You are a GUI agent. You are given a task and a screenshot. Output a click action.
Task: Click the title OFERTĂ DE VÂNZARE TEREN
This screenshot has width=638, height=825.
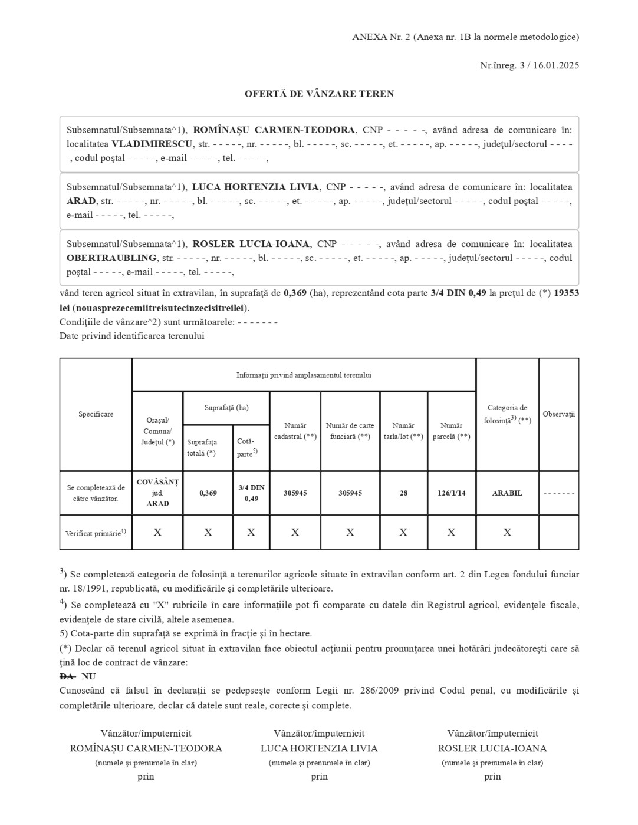319,94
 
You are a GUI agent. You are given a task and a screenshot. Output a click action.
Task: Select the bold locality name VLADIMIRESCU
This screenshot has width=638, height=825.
152,144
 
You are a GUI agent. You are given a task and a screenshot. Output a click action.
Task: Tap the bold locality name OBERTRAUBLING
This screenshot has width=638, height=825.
111,258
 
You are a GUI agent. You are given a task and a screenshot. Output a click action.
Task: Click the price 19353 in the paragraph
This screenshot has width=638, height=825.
566,293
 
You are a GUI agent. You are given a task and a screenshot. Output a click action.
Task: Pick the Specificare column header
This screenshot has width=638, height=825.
96,414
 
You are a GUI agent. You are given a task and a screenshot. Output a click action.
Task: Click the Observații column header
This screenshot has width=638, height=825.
558,414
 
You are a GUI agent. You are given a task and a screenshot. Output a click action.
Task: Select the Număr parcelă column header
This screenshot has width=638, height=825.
451,431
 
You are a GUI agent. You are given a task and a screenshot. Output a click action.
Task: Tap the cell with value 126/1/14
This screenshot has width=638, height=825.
451,493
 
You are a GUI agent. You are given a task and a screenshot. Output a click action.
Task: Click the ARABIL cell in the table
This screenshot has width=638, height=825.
507,493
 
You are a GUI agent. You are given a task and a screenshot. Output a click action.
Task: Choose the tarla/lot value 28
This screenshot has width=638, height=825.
403,493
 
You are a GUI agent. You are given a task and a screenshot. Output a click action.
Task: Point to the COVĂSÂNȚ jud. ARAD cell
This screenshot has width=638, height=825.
157,493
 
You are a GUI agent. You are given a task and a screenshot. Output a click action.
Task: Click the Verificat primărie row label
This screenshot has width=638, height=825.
96,533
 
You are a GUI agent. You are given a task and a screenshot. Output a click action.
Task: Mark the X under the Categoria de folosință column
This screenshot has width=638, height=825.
507,533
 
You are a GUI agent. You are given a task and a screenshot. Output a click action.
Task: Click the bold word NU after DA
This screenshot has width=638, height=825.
88,676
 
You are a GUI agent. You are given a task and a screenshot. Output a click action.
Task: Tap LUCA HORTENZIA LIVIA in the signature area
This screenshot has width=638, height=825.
319,748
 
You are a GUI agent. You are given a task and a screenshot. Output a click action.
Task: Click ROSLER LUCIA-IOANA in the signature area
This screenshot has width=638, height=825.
492,748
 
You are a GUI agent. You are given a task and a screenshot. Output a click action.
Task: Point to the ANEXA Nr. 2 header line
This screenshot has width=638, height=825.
465,37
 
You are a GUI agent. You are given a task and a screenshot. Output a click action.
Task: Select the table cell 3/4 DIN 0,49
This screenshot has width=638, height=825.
251,493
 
